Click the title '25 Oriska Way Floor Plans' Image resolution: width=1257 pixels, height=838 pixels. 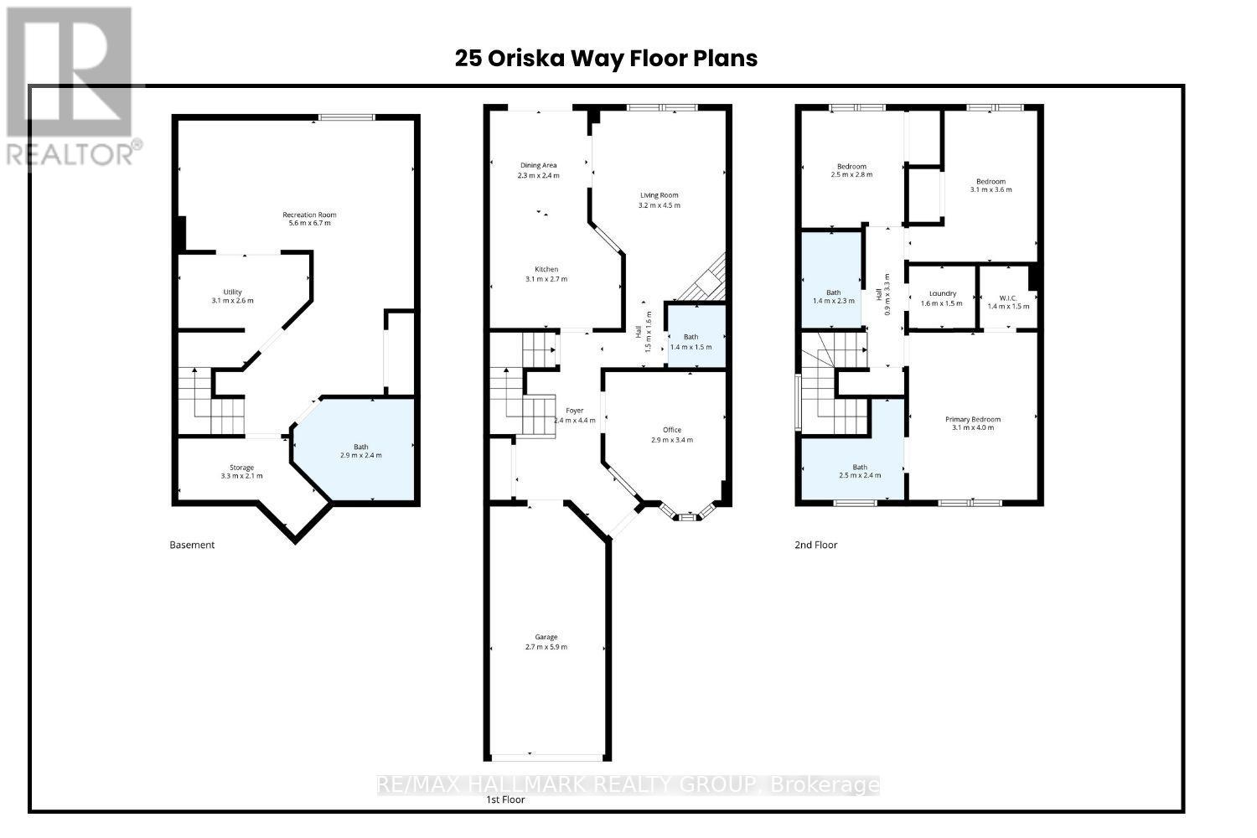pos(606,58)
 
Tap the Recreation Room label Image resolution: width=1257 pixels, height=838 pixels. pos(309,215)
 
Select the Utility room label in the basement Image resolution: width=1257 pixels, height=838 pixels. pos(232,292)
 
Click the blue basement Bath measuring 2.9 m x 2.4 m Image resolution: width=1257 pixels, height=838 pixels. pos(360,451)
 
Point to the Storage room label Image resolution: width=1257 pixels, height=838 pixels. pos(241,468)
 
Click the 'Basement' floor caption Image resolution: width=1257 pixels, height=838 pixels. pos(192,545)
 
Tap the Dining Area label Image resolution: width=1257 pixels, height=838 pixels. pos(538,165)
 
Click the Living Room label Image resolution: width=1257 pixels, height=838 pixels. pos(660,195)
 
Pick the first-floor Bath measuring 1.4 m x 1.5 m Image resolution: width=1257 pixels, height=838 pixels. pos(691,342)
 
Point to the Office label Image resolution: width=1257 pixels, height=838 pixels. pos(672,430)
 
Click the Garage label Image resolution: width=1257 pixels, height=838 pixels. pos(546,637)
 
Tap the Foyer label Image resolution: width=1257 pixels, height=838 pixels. pos(574,411)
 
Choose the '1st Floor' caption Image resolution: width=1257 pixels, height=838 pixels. pos(505,799)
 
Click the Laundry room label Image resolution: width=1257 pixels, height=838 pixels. pos(943,293)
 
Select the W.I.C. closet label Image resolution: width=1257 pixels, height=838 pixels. pos(1008,297)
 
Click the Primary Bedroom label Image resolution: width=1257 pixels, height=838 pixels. pos(973,419)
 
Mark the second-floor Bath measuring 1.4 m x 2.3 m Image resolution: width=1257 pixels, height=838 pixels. pos(833,296)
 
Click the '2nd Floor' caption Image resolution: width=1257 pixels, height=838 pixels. pos(815,545)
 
